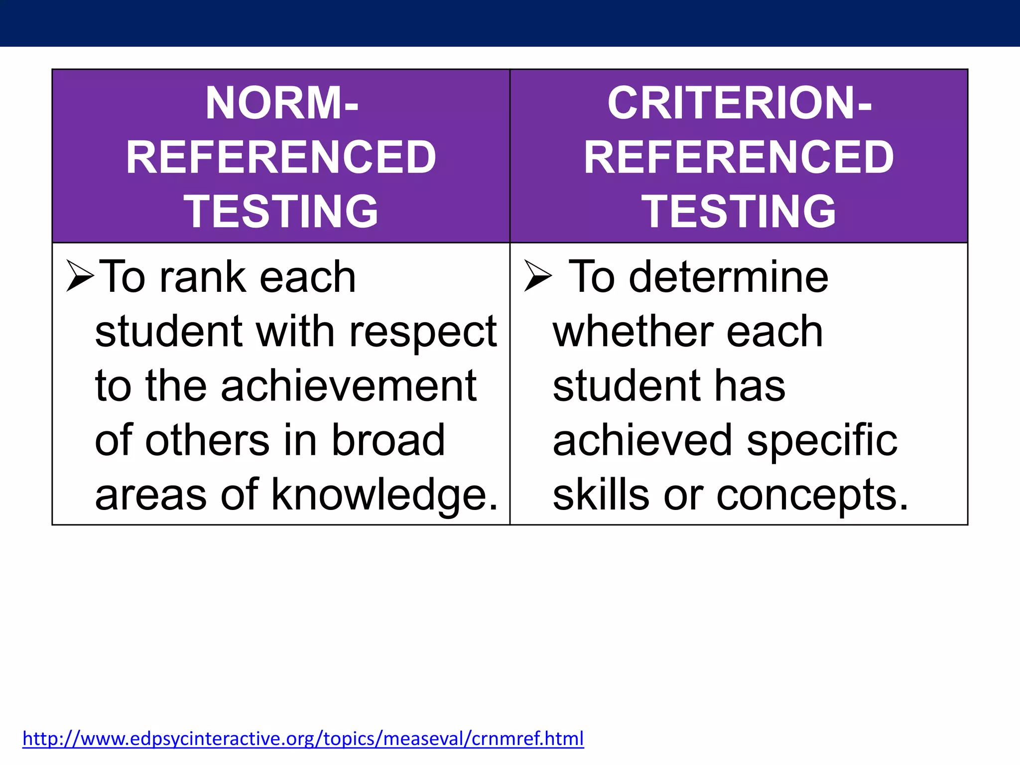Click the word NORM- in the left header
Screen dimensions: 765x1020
click(281, 103)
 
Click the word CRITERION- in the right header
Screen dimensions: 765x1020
click(739, 103)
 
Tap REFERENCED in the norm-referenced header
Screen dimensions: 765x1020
click(281, 157)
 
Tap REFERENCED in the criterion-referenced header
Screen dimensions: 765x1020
click(739, 157)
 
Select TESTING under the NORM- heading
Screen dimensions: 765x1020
click(281, 212)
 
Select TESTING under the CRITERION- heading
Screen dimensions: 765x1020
click(739, 212)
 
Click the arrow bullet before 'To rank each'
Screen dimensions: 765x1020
click(80, 275)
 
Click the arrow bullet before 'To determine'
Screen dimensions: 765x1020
click(538, 275)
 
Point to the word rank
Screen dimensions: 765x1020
click(203, 277)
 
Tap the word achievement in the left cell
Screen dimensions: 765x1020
click(349, 386)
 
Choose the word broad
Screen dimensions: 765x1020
click(388, 440)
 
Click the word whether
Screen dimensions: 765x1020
click(633, 332)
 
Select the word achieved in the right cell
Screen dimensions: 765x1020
click(642, 440)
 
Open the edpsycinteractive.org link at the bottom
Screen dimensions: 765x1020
click(303, 739)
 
